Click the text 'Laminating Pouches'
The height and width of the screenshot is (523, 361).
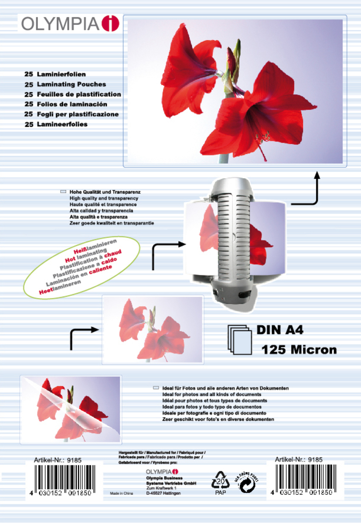(72, 84)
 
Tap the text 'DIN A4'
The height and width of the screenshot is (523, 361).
(279, 330)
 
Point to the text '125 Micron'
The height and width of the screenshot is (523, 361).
(299, 349)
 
